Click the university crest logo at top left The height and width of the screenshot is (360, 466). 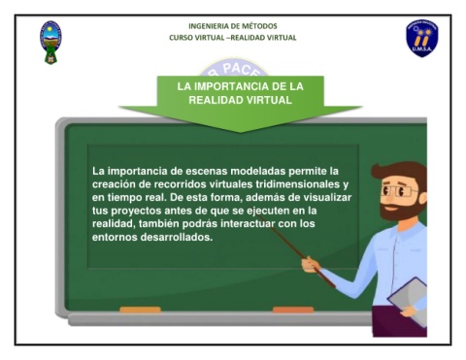click(50, 43)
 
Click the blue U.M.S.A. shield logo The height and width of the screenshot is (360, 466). click(422, 39)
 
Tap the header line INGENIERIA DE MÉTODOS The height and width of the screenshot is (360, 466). click(233, 26)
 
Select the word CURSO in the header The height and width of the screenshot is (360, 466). click(181, 38)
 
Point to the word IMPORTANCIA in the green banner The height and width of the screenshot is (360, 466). click(231, 86)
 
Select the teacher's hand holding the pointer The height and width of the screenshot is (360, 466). click(311, 265)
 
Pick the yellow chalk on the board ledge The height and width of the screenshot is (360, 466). click(140, 310)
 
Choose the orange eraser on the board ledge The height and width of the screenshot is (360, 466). click(293, 310)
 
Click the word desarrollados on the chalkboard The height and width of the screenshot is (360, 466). click(177, 237)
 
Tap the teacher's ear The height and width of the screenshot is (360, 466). click(422, 198)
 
